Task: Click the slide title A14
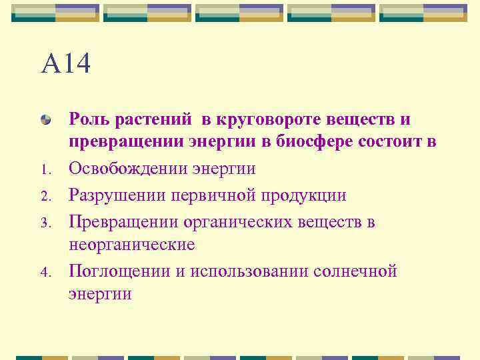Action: click(65, 65)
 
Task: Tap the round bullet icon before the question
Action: click(46, 120)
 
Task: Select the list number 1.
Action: click(45, 170)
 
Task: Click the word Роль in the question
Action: click(91, 119)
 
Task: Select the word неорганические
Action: click(132, 245)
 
